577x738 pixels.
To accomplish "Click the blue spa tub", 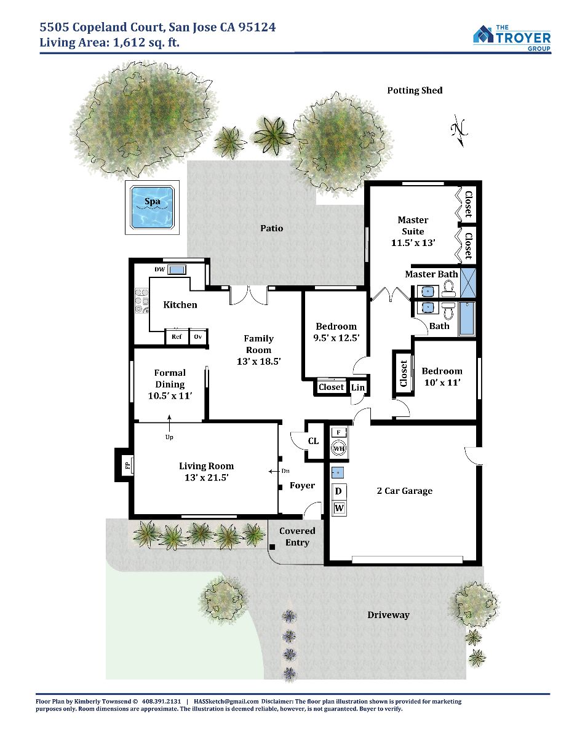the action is pos(152,207).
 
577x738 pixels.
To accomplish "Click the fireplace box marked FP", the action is pos(128,464).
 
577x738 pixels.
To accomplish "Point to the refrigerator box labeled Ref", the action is pos(177,336).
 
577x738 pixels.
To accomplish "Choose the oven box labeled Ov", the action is pos(198,336).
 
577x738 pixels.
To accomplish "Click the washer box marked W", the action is pos(339,508).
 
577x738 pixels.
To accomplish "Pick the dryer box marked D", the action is pos(338,491).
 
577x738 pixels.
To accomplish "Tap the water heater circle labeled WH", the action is pos(338,448).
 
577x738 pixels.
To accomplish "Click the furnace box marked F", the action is pos(338,432).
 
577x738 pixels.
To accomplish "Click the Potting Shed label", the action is pos(415,90).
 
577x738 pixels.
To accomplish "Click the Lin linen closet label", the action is pos(358,387).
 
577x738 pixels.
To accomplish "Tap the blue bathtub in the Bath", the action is pos(467,319).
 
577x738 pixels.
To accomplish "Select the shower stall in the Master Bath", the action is pos(468,282).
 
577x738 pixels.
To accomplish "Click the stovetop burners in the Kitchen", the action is pos(141,300).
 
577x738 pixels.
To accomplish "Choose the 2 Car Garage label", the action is pos(405,491).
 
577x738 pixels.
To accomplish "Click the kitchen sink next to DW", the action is pos(177,270).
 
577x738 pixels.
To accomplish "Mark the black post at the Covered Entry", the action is pos(272,547).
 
